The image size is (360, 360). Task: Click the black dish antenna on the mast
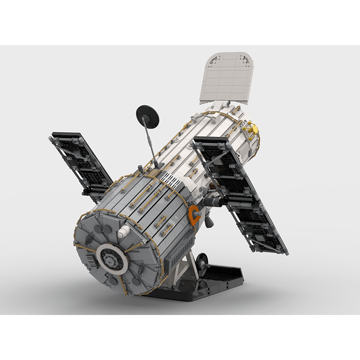click(x=148, y=117)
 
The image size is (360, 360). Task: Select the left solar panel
click(x=81, y=165)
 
